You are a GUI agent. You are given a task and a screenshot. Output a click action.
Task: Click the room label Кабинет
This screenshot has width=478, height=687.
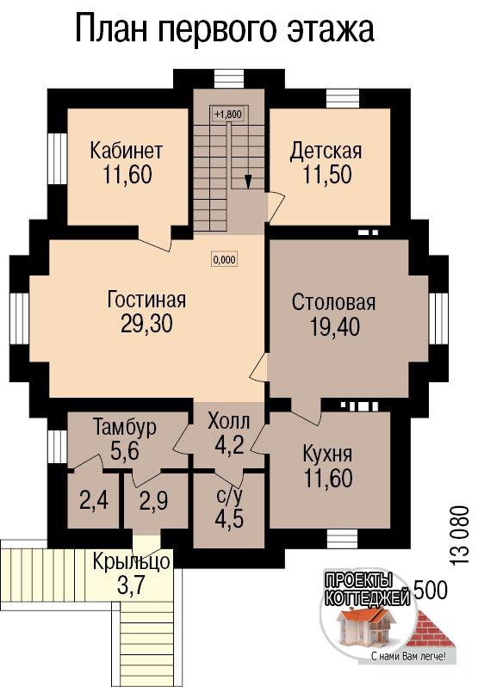click(x=127, y=151)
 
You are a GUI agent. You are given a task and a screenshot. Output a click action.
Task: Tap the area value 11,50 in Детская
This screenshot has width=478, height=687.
click(x=327, y=175)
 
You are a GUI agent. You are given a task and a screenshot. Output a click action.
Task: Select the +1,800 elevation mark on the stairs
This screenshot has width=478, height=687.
click(x=228, y=114)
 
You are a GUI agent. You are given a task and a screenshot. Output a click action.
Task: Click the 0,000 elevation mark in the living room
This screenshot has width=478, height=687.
click(x=224, y=259)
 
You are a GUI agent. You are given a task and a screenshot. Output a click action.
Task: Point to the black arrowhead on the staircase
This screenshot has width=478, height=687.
click(x=248, y=182)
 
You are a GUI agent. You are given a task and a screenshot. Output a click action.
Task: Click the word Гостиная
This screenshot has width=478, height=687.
click(x=146, y=300)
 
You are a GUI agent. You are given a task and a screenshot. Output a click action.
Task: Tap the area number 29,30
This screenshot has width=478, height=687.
click(x=146, y=324)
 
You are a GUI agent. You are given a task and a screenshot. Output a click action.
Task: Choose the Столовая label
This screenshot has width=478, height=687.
click(x=334, y=303)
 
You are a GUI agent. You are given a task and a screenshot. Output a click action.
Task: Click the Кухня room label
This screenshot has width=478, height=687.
click(x=328, y=455)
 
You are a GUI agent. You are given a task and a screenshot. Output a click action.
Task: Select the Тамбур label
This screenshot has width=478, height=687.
click(x=125, y=427)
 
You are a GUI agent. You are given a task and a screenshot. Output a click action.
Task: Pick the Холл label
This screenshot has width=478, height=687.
click(x=229, y=421)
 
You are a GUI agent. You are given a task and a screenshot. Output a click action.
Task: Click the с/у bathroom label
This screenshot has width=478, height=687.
click(x=229, y=497)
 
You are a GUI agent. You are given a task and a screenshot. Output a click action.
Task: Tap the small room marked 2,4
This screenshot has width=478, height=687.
click(x=94, y=500)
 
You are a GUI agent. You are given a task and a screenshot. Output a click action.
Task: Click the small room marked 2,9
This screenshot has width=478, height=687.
click(x=153, y=500)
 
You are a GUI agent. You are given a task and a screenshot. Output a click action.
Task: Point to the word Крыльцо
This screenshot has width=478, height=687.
click(x=131, y=561)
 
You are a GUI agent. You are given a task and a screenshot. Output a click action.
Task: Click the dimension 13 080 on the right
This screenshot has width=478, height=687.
click(x=459, y=536)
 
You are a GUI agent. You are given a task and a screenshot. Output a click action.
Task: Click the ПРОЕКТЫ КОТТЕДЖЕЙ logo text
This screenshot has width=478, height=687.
click(x=367, y=590)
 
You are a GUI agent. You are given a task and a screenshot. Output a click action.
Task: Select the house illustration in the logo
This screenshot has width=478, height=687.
click(x=367, y=627)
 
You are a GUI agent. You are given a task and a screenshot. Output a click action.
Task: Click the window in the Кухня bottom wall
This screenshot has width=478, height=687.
click(x=343, y=537)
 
